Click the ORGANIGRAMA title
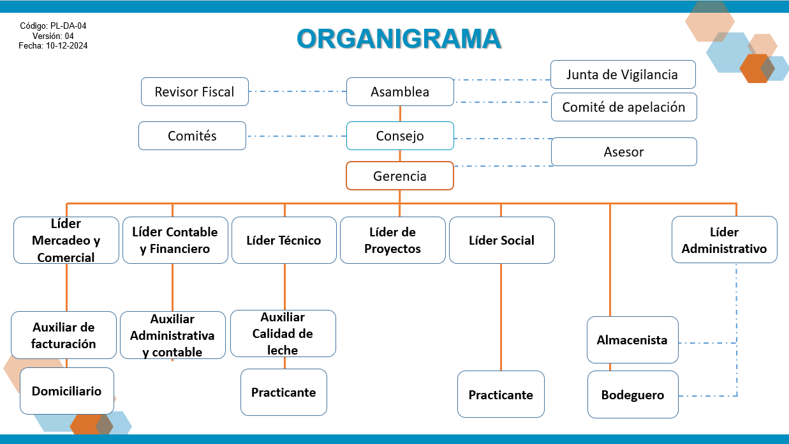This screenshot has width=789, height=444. (x=399, y=38)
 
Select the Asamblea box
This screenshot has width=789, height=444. (x=400, y=91)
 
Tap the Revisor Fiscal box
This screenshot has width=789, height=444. (x=195, y=91)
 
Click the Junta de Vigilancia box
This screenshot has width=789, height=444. (x=623, y=75)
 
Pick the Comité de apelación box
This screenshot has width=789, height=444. (x=623, y=107)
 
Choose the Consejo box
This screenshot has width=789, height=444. (x=400, y=135)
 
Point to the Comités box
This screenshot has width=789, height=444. (x=192, y=135)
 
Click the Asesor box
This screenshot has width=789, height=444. (x=623, y=152)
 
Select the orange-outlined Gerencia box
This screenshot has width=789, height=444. (x=400, y=176)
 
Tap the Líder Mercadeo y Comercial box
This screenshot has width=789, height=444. (x=66, y=240)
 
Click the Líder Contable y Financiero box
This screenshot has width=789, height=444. (x=175, y=240)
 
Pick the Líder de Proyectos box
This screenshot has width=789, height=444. (x=392, y=240)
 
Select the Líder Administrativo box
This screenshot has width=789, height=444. (x=724, y=240)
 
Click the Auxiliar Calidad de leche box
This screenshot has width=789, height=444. (x=283, y=333)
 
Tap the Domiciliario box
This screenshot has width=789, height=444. (x=66, y=391)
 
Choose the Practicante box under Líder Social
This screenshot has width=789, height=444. (x=501, y=395)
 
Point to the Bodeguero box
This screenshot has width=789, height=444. (x=633, y=395)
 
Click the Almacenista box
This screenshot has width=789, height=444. (x=632, y=340)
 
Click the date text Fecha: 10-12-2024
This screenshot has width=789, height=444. (x=53, y=46)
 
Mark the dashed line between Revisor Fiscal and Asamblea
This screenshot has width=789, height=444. (x=297, y=91)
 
